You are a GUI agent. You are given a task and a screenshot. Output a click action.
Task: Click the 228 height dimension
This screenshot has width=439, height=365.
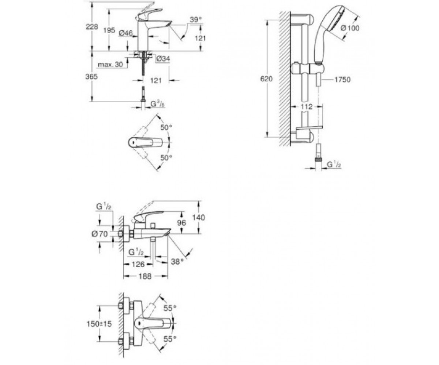tap(92, 27)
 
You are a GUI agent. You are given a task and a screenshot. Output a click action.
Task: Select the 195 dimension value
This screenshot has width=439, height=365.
tap(109, 30)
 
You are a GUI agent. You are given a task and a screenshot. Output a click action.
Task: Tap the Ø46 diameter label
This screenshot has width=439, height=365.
tap(126, 33)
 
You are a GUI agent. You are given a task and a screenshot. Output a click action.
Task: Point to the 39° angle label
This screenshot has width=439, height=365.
tap(195, 20)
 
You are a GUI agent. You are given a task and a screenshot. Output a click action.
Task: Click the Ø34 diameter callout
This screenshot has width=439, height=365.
tap(163, 59)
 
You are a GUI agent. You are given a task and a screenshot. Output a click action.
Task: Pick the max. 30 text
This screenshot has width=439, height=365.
tap(110, 64)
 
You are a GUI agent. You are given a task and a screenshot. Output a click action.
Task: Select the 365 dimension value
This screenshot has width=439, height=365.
tap(91, 77)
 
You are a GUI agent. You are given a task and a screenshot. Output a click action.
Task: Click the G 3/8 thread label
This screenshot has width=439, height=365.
tap(157, 104)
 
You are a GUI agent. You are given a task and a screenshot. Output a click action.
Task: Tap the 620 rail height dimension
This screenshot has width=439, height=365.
tap(266, 79)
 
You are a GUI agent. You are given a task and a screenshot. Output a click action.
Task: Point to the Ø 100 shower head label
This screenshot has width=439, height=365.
tap(350, 28)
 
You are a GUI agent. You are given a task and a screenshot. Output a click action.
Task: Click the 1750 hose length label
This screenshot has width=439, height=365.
tap(342, 80)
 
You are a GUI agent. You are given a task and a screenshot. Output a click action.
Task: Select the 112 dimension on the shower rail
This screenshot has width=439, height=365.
tap(307, 107)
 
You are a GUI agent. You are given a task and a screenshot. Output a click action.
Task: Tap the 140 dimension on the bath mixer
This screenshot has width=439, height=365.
tap(199, 218)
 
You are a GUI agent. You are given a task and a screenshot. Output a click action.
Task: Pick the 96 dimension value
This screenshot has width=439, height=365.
tap(181, 223)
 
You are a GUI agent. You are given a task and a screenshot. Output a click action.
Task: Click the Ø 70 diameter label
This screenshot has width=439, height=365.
tap(100, 234)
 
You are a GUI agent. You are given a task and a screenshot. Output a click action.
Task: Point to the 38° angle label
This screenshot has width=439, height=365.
tap(177, 262)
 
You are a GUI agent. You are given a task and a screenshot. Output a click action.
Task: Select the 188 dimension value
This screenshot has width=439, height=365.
tap(145, 276)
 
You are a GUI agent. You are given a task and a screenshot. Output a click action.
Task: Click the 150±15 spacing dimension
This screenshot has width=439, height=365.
tap(100, 324)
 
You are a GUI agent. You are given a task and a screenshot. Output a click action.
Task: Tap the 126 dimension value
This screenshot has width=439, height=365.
tap(139, 264)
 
